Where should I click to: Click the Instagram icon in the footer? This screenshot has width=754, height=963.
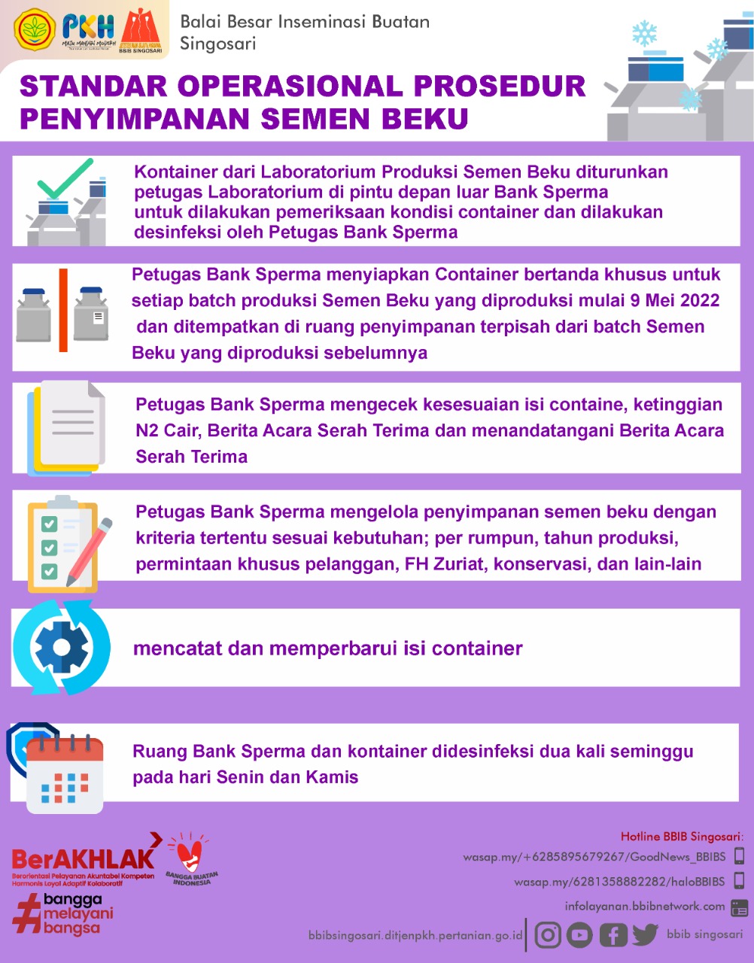(549, 934)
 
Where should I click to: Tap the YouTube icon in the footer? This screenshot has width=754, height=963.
(579, 934)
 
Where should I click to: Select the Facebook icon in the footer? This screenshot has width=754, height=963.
(613, 935)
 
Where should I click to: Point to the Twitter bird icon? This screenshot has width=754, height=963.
(645, 934)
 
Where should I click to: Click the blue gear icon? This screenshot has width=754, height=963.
(62, 647)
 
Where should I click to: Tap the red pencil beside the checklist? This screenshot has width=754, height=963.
(90, 549)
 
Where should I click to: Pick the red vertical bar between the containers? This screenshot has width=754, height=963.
(63, 310)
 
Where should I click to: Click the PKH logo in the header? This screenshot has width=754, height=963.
(89, 29)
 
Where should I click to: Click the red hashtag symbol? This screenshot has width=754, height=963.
(26, 915)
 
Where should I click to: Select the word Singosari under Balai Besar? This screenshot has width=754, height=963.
(218, 44)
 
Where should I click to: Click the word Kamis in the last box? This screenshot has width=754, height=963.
(332, 776)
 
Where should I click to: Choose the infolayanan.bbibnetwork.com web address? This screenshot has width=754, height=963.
(645, 907)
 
